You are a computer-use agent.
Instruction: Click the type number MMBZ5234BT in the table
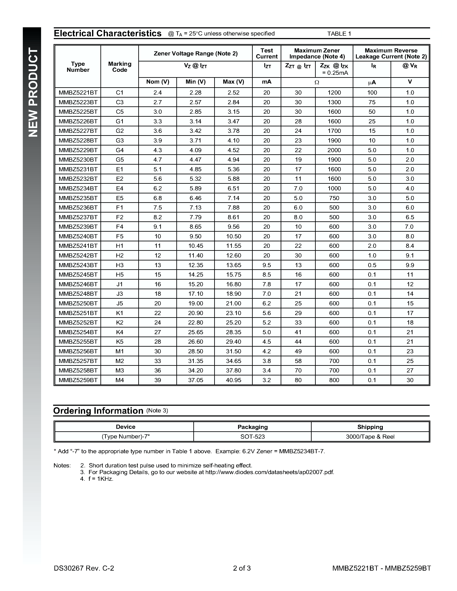click(x=78, y=188)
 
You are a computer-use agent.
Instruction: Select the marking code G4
click(x=120, y=150)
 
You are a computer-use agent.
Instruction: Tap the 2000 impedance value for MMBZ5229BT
click(x=334, y=150)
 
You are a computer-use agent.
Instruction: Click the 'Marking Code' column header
click(x=120, y=67)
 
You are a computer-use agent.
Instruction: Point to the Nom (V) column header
click(x=158, y=82)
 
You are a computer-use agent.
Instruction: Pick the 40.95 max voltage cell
click(x=233, y=380)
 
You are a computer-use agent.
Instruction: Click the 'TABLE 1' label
click(x=339, y=34)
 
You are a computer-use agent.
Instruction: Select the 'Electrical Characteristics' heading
click(x=108, y=33)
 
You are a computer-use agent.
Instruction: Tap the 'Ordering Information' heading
click(x=98, y=411)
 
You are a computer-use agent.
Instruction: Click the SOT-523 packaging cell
click(x=252, y=436)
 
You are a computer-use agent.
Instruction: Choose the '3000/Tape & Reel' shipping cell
click(x=370, y=436)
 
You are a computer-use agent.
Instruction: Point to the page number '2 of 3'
click(x=242, y=568)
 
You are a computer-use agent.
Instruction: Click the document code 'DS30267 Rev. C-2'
click(x=84, y=568)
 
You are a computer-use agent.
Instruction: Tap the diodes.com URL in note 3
click(x=269, y=472)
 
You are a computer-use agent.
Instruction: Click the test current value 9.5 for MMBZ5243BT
click(x=267, y=265)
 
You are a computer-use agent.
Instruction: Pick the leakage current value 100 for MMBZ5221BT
click(x=372, y=93)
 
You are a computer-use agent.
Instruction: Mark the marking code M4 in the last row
click(x=120, y=380)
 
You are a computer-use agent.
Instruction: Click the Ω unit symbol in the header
click(x=317, y=82)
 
